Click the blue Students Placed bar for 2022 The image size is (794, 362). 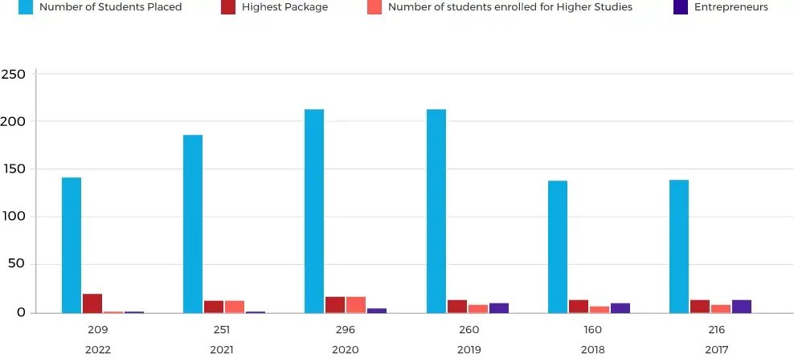[72, 245]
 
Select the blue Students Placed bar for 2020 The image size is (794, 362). [314, 210]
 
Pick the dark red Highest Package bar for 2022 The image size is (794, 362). [92, 303]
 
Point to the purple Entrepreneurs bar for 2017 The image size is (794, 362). [741, 307]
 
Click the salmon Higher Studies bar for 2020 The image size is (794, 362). [356, 305]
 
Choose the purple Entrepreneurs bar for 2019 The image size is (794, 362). [498, 308]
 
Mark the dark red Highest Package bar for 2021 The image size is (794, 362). [214, 307]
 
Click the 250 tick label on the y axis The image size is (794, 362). [14, 74]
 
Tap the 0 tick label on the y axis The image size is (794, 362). [22, 312]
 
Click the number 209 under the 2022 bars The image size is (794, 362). [97, 330]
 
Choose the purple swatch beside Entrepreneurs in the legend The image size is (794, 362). [680, 7]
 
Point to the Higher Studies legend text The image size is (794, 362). [510, 7]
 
